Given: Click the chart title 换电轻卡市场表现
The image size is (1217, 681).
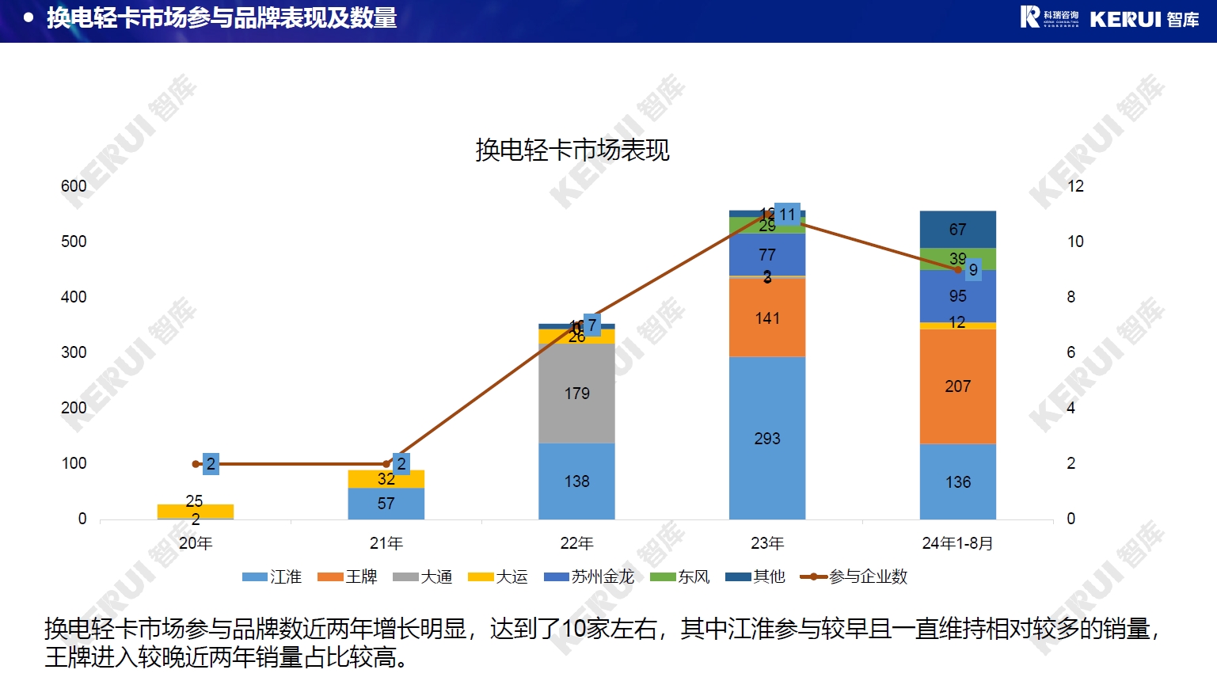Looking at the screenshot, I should (x=572, y=150).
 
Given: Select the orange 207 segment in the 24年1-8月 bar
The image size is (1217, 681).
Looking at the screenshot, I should (x=957, y=386).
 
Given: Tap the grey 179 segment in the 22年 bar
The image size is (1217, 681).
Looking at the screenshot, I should (x=576, y=394).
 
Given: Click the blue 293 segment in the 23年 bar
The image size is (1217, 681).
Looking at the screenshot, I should (x=766, y=439).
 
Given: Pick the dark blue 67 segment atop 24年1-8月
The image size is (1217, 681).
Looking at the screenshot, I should (x=957, y=230).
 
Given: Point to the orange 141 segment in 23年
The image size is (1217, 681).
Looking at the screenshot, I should (x=766, y=318).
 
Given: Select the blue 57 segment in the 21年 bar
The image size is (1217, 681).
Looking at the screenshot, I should (x=386, y=504).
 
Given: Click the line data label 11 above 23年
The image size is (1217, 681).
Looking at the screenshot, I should (x=787, y=215).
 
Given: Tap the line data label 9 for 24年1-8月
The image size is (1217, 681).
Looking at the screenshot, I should (x=973, y=270).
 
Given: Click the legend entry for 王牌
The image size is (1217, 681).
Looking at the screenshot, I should (x=348, y=576).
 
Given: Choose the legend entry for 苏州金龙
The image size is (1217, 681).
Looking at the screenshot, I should (x=590, y=576).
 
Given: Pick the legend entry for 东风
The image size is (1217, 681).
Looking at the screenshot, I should (x=680, y=576).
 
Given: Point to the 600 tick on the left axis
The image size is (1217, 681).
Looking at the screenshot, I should (x=74, y=186).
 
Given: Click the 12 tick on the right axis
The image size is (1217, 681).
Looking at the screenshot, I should (x=1075, y=186).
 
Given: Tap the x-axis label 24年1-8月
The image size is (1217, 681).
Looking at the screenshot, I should (x=957, y=543).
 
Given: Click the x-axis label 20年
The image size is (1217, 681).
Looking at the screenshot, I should (x=196, y=543).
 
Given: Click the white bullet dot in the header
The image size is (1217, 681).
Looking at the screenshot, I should (x=29, y=17).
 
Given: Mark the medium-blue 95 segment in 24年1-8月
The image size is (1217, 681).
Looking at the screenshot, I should (x=957, y=296).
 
